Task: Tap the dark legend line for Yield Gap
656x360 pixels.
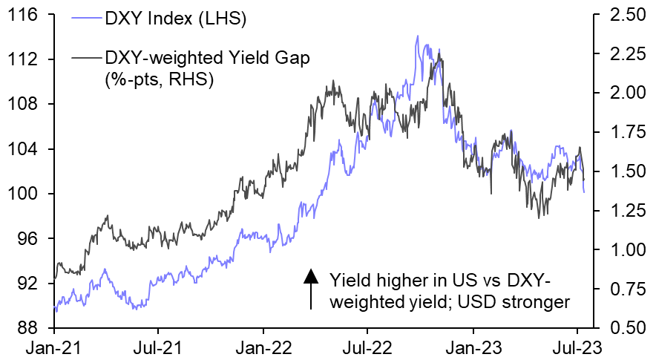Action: tap(84, 57)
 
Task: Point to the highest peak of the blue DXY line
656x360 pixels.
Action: tap(417, 36)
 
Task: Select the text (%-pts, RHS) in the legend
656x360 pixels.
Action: tap(160, 79)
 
